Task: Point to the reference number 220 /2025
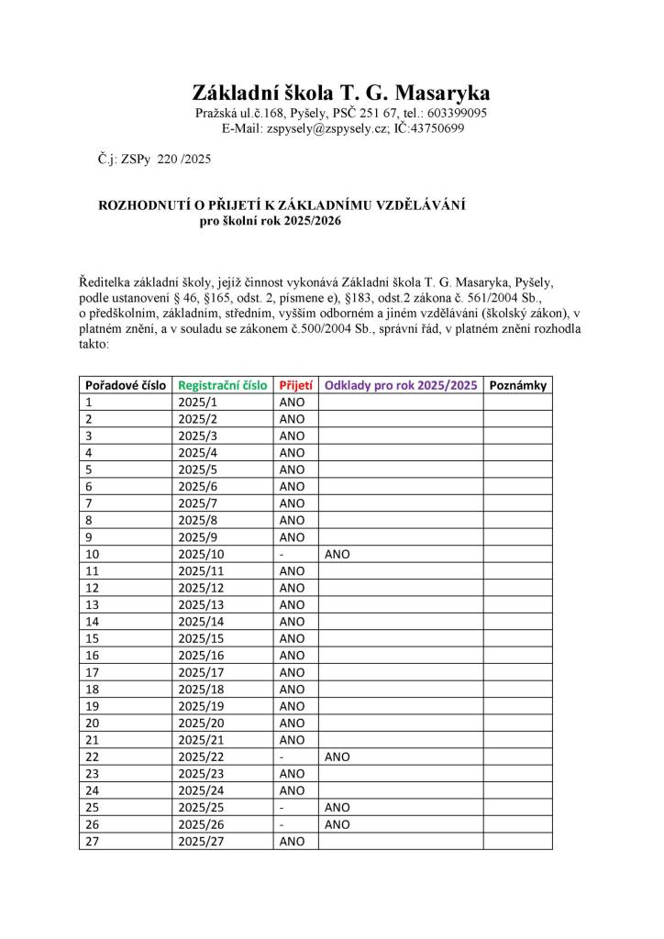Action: [x=184, y=159]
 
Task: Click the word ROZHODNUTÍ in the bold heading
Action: [x=145, y=207]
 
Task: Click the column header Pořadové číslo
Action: [x=124, y=385]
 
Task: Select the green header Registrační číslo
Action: [x=223, y=385]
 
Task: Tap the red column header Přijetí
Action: [x=294, y=385]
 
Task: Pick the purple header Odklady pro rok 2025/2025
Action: [x=401, y=385]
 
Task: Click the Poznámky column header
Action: [x=518, y=385]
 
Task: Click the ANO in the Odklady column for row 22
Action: [x=337, y=757]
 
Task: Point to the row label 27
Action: [x=93, y=841]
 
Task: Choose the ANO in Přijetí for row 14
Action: [x=292, y=622]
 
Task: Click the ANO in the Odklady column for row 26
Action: [x=337, y=823]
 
